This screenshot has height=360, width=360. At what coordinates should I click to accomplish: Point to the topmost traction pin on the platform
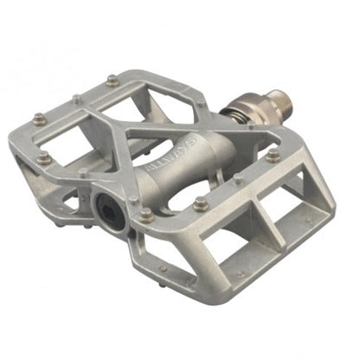[112, 80]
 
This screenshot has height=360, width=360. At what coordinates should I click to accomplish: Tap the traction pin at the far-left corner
[39, 119]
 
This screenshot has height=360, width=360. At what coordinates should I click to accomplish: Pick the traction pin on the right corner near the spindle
[273, 156]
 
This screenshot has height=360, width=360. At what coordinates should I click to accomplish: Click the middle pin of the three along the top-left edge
[77, 99]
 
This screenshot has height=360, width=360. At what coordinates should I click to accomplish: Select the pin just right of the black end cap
[146, 216]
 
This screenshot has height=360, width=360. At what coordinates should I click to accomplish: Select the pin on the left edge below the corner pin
[43, 157]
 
